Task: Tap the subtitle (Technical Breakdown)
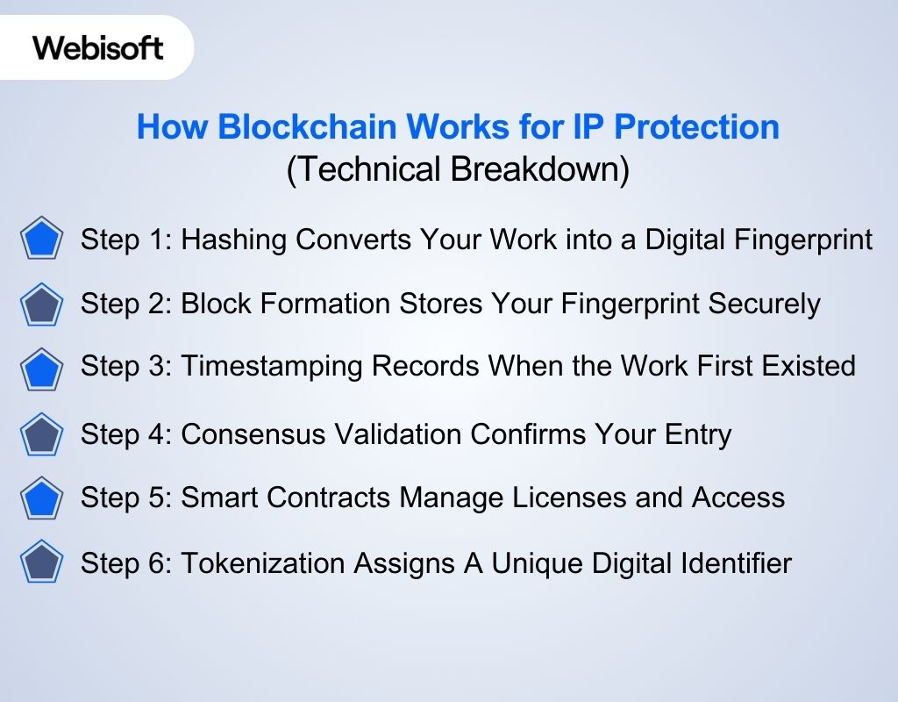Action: [458, 169]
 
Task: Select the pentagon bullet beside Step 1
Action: [41, 240]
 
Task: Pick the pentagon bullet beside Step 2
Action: [41, 304]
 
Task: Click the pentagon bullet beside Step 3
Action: [41, 369]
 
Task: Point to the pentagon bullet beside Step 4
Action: [41, 434]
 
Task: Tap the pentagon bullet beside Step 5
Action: [41, 498]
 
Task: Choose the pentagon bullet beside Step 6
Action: [41, 562]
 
